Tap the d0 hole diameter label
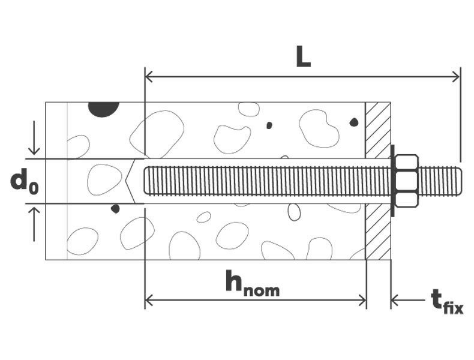coord(24,182)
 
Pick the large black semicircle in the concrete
coord(104,109)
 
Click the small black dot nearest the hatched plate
coord(353,122)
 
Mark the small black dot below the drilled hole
coord(115,209)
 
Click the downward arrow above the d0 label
coord(34,148)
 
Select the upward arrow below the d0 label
coord(34,213)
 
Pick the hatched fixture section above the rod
coord(378,130)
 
